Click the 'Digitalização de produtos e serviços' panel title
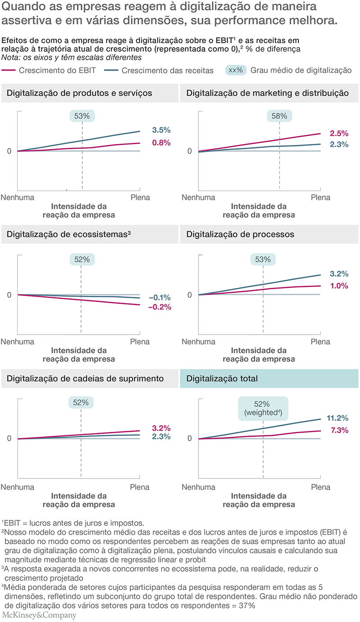(79, 93)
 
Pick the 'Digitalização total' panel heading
(218, 378)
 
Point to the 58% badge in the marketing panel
(279, 116)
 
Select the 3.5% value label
(161, 130)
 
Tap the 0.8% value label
(161, 143)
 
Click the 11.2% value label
(339, 418)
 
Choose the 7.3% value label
(339, 430)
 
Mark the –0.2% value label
(160, 307)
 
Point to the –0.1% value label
(160, 297)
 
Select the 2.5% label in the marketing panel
(339, 134)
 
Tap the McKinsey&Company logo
(39, 615)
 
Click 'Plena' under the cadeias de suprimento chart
(139, 487)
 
